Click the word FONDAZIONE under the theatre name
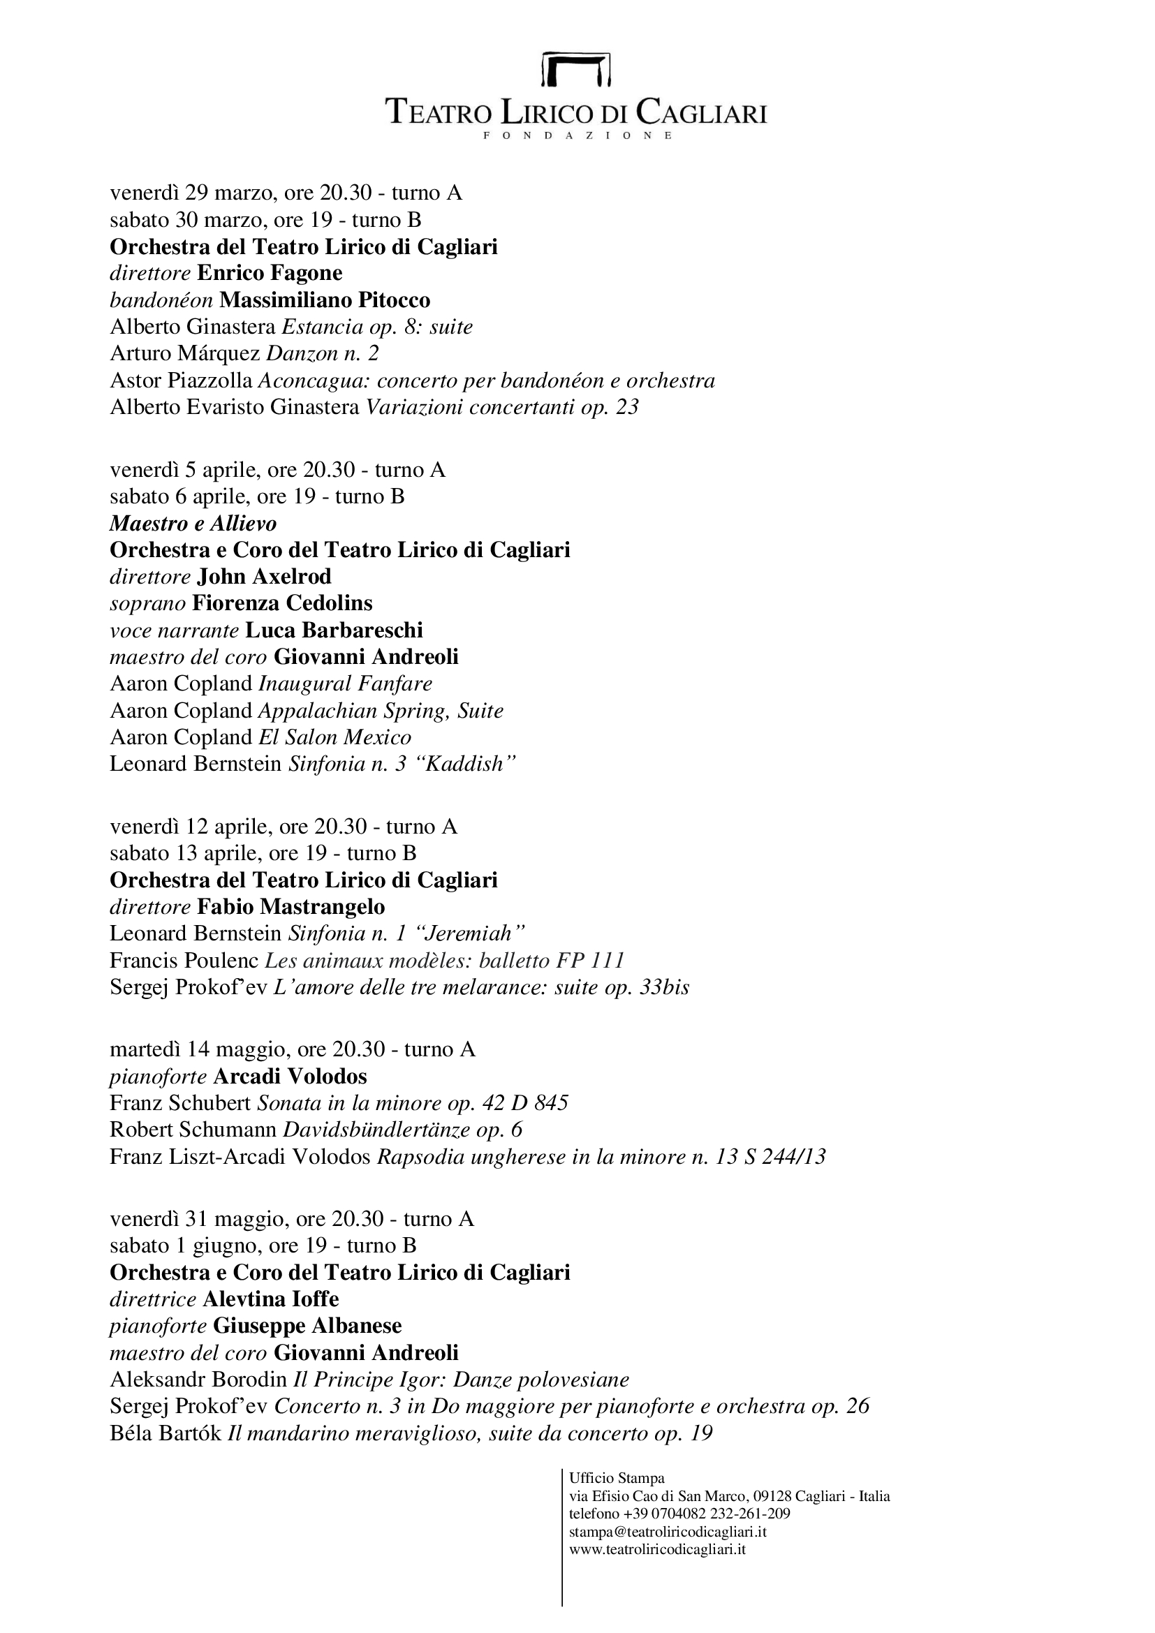[x=577, y=135]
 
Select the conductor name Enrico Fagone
[x=270, y=273]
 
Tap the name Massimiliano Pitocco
[x=325, y=300]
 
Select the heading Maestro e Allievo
[x=193, y=524]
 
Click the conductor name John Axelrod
[x=264, y=576]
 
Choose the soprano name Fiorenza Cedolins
[x=282, y=603]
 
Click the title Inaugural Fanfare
[x=346, y=684]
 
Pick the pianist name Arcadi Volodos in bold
[x=290, y=1076]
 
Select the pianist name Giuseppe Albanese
[x=307, y=1326]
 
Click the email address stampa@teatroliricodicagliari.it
[x=668, y=1532]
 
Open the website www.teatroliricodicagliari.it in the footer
[x=657, y=1548]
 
